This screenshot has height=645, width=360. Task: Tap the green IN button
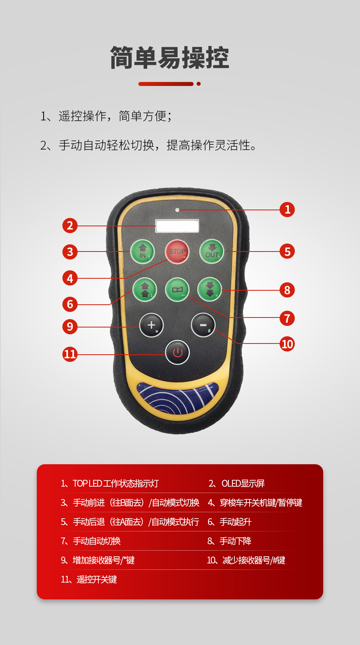142,252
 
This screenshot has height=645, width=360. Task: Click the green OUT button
212,252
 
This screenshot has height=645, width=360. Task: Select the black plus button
152,325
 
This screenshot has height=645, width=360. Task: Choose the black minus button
203,325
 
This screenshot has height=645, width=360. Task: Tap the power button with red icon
178,352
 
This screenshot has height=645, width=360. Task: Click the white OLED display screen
177,226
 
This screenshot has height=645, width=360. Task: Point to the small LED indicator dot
178,210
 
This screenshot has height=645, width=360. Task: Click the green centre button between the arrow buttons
177,290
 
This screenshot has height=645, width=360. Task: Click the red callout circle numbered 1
287,210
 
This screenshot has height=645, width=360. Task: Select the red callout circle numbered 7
287,318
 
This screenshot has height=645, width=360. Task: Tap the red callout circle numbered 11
70,354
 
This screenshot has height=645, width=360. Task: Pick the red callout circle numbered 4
70,278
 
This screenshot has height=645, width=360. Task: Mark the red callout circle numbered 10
287,344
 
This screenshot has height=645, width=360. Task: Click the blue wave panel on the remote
178,398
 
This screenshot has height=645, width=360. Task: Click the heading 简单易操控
170,58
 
